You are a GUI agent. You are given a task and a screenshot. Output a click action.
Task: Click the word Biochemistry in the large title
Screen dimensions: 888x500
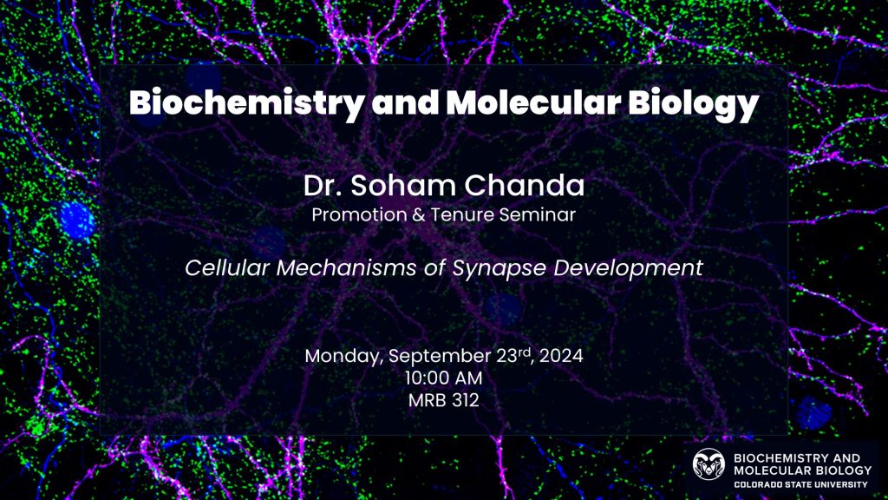click(246, 104)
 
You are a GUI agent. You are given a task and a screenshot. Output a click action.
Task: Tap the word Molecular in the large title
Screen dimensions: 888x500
click(533, 102)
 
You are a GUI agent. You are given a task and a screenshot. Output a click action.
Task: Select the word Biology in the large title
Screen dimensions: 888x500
click(693, 104)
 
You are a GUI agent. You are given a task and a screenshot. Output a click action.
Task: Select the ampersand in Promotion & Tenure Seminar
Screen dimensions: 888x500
click(419, 215)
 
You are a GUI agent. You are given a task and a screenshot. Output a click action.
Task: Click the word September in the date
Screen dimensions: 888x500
click(440, 357)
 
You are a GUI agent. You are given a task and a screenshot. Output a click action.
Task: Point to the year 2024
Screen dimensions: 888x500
click(561, 356)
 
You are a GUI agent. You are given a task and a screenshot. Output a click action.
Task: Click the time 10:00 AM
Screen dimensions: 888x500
click(443, 378)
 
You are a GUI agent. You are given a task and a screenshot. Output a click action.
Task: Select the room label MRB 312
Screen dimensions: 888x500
click(443, 400)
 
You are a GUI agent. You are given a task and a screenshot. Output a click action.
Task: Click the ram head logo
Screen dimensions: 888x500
click(708, 464)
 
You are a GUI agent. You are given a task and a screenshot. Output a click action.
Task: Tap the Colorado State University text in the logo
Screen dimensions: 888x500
click(800, 484)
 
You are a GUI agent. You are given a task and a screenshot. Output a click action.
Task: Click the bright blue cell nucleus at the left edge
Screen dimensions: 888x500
click(75, 219)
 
